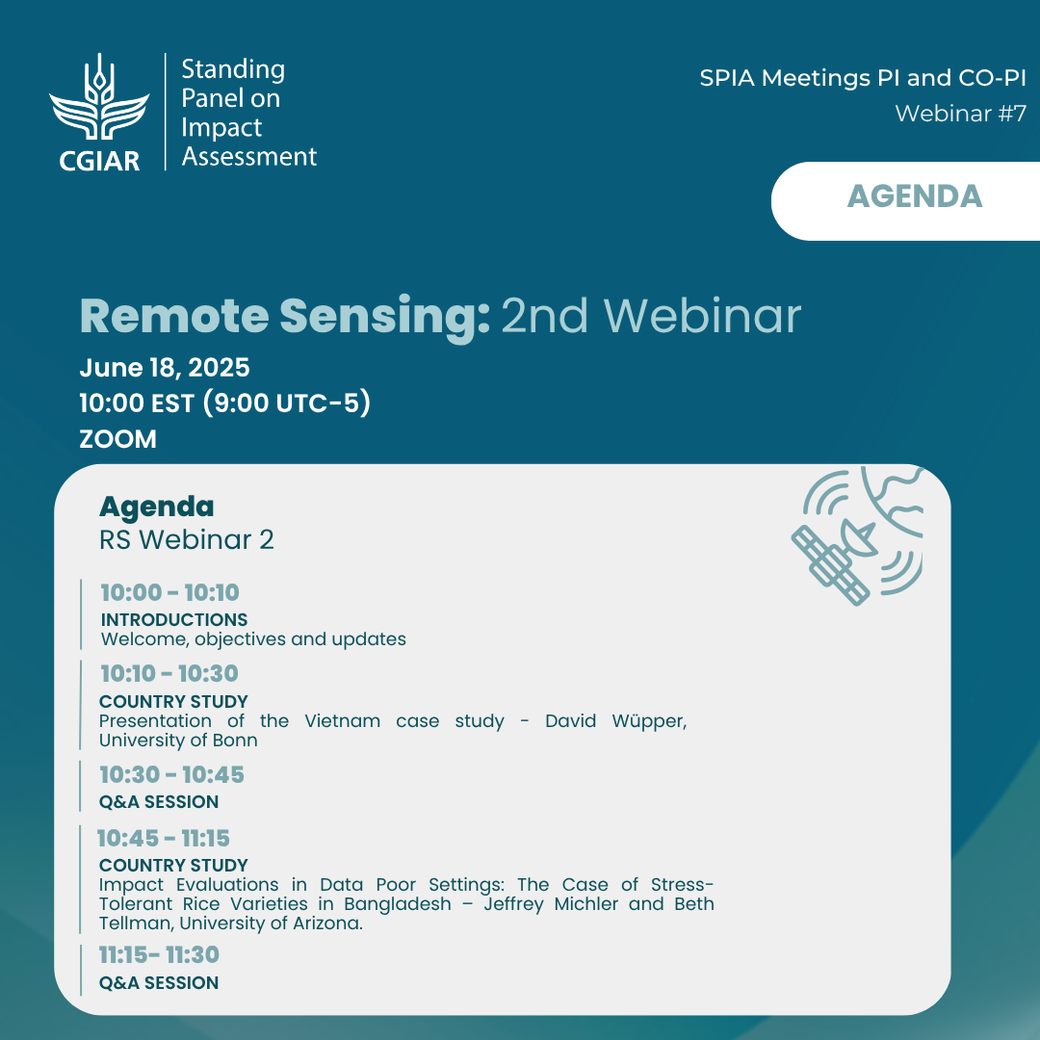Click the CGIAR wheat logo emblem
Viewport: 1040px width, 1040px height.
pyautogui.click(x=99, y=97)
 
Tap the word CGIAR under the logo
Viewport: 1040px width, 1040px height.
pyautogui.click(x=99, y=161)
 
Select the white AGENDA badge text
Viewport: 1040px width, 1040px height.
pyautogui.click(x=915, y=196)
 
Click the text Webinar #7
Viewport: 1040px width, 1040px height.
pyautogui.click(x=960, y=114)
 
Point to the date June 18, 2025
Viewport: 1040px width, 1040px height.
pyautogui.click(x=165, y=368)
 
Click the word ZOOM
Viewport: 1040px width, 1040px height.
pyautogui.click(x=118, y=439)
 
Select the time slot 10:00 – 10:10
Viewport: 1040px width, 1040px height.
pyautogui.click(x=169, y=592)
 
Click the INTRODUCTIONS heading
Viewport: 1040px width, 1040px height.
pyautogui.click(x=173, y=619)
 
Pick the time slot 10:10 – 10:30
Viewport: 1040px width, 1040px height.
pyautogui.click(x=169, y=673)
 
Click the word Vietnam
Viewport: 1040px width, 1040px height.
pyautogui.click(x=342, y=721)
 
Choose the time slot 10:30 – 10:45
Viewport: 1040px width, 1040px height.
pyautogui.click(x=171, y=774)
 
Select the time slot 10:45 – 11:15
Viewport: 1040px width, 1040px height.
pyautogui.click(x=163, y=839)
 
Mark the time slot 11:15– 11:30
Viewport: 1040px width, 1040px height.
pyautogui.click(x=159, y=955)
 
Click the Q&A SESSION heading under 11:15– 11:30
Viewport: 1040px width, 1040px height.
pyautogui.click(x=159, y=983)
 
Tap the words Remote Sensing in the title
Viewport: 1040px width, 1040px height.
pyautogui.click(x=285, y=316)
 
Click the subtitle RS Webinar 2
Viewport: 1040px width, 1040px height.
pyautogui.click(x=187, y=540)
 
